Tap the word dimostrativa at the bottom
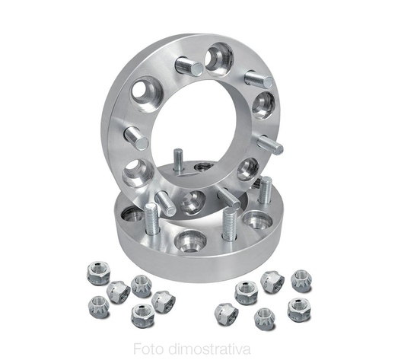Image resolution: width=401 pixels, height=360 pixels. [x=210, y=349]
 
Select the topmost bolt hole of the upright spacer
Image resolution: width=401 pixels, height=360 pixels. [x=219, y=59]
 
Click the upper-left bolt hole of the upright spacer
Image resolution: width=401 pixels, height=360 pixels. [x=147, y=95]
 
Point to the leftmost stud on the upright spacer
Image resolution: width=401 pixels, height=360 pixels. [x=136, y=139]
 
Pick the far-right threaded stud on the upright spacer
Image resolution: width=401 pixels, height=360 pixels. [x=271, y=145]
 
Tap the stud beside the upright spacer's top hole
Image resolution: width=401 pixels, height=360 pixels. [x=189, y=66]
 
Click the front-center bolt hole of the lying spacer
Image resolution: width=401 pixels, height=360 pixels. [x=189, y=241]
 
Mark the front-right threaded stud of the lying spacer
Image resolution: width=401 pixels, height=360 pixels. [x=230, y=224]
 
